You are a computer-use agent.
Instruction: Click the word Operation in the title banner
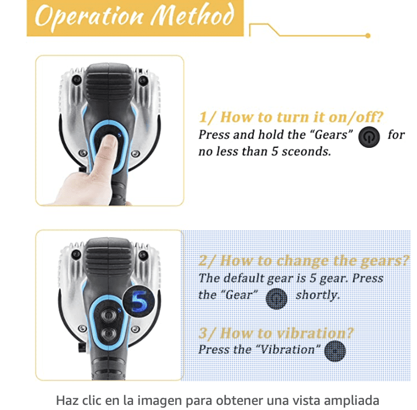(89, 16)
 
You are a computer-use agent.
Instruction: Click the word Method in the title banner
(192, 15)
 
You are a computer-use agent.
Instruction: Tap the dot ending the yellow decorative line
(368, 36)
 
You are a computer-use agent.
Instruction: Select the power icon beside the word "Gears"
(369, 137)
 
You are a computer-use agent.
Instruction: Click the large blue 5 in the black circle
(139, 301)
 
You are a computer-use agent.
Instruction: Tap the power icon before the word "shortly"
(276, 298)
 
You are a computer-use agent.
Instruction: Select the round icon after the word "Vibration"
(335, 351)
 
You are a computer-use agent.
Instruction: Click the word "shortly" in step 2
(318, 295)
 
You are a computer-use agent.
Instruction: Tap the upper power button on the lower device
(108, 315)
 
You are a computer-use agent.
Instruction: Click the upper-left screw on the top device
(77, 80)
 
